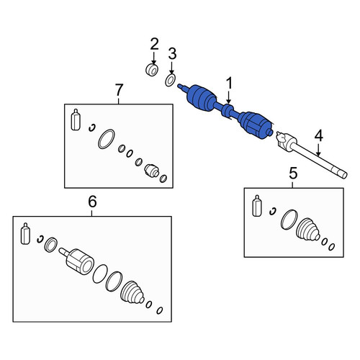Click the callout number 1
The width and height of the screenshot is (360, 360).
coord(229,84)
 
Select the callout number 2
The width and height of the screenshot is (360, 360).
coord(154,44)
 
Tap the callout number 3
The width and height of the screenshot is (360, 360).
coord(172,53)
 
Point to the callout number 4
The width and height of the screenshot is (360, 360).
coord(318,135)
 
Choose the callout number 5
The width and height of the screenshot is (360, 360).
coord(293,173)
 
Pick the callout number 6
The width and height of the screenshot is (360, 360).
coord(92,201)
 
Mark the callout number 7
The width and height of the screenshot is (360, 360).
coord(119,89)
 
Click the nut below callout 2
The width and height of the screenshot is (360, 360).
coord(152,70)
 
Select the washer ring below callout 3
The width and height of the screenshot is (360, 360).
coord(170,80)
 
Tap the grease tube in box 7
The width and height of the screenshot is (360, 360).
coord(76,120)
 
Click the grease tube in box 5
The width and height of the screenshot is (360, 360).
coord(257,206)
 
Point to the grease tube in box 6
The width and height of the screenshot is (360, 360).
coord(25,233)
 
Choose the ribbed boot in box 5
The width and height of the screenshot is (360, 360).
coord(308,229)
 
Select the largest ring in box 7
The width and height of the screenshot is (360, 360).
coord(107,139)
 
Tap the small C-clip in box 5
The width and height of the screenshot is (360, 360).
coord(273,211)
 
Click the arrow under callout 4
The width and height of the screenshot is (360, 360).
coord(318,150)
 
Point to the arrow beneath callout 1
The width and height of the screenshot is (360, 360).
coord(229,98)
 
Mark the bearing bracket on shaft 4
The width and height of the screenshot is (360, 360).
coord(286,142)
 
